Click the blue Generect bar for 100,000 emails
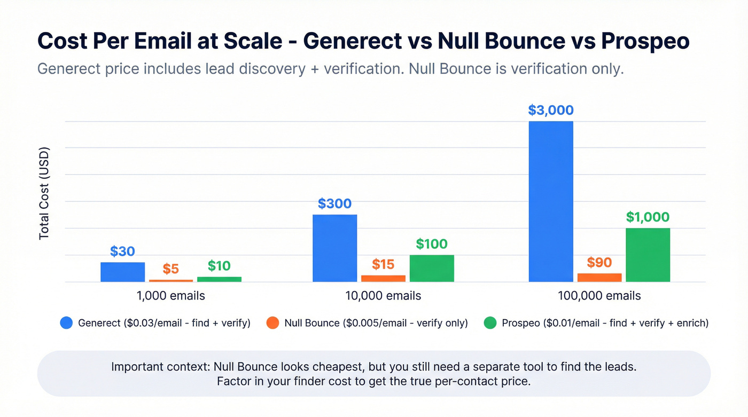point(550,201)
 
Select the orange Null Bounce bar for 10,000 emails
point(383,278)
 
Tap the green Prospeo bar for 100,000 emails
point(648,255)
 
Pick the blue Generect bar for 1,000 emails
point(122,272)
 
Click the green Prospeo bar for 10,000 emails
point(432,268)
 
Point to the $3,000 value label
point(550,111)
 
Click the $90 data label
point(599,262)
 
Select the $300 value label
point(334,203)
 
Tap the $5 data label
point(170,269)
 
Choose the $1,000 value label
point(648,217)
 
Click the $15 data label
point(383,264)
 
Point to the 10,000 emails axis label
point(383,296)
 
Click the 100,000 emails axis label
point(599,296)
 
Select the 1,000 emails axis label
point(170,296)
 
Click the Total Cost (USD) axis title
point(44,193)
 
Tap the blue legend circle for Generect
point(66,323)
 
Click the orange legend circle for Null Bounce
point(272,323)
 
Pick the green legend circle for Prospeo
point(490,323)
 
